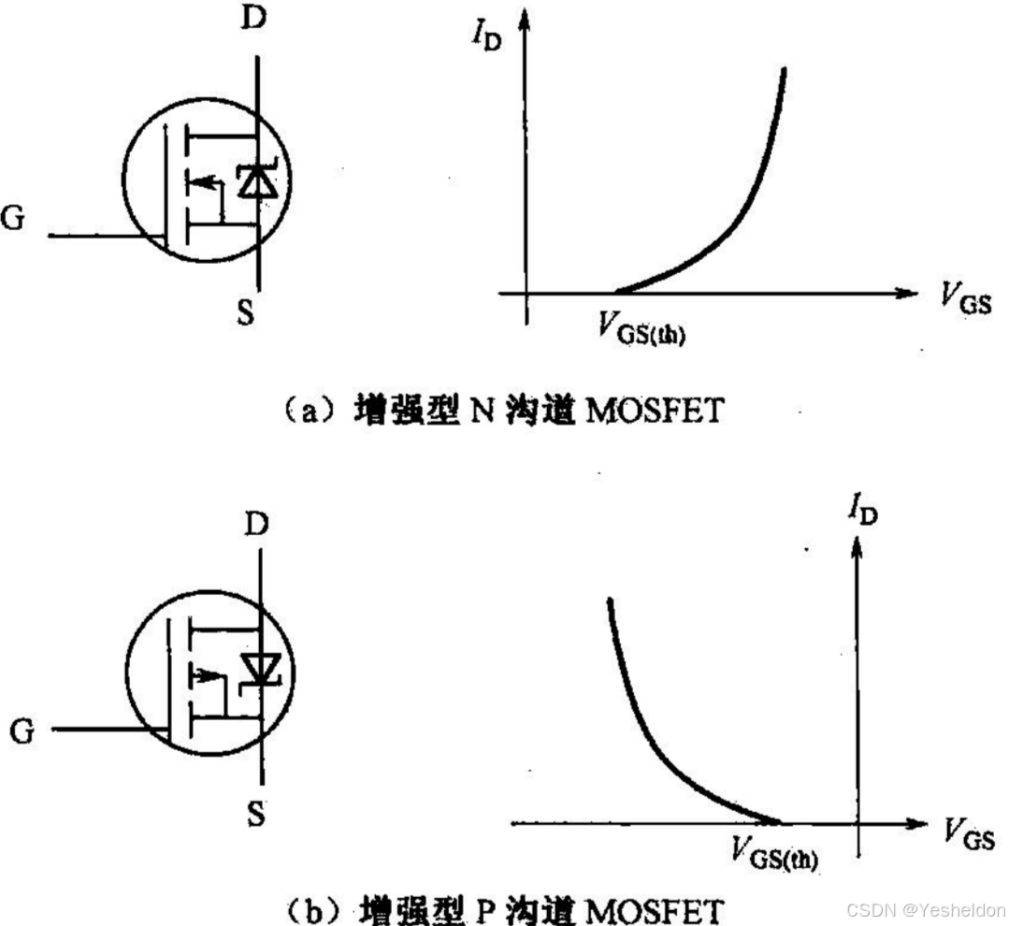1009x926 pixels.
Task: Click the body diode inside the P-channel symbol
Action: point(259,667)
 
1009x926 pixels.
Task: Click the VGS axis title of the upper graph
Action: point(960,300)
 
